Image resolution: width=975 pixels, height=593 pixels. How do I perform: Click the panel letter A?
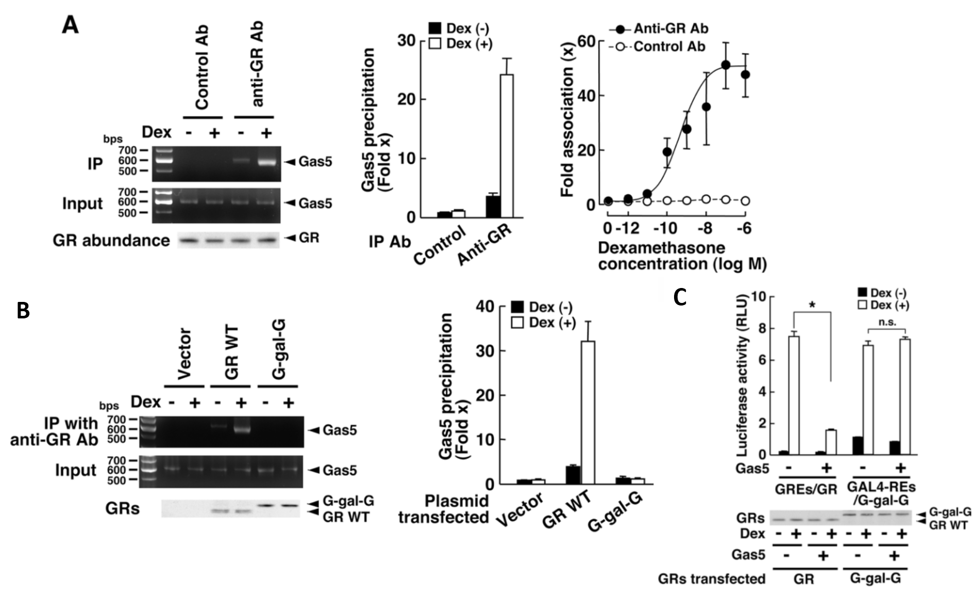pos(71,25)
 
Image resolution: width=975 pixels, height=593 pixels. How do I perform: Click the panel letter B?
pos(23,311)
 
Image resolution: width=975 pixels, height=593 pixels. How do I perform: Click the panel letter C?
pos(680,297)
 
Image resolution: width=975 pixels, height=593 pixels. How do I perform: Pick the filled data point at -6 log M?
pos(745,75)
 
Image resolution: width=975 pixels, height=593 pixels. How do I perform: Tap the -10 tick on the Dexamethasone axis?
pos(667,228)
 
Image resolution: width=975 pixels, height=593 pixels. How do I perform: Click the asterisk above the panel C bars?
pos(813,304)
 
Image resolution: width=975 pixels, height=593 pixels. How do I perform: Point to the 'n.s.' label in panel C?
pos(887,323)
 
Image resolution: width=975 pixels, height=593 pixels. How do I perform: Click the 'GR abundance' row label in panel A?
pos(111,241)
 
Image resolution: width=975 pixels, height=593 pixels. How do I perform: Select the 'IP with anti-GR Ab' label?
pos(54,431)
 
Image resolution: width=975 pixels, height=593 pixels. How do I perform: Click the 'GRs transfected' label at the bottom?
pos(711,579)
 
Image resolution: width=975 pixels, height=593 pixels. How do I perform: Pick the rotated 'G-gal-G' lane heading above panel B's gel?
pos(278,350)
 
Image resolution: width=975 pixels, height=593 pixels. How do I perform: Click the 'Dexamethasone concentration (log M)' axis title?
pos(682,256)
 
